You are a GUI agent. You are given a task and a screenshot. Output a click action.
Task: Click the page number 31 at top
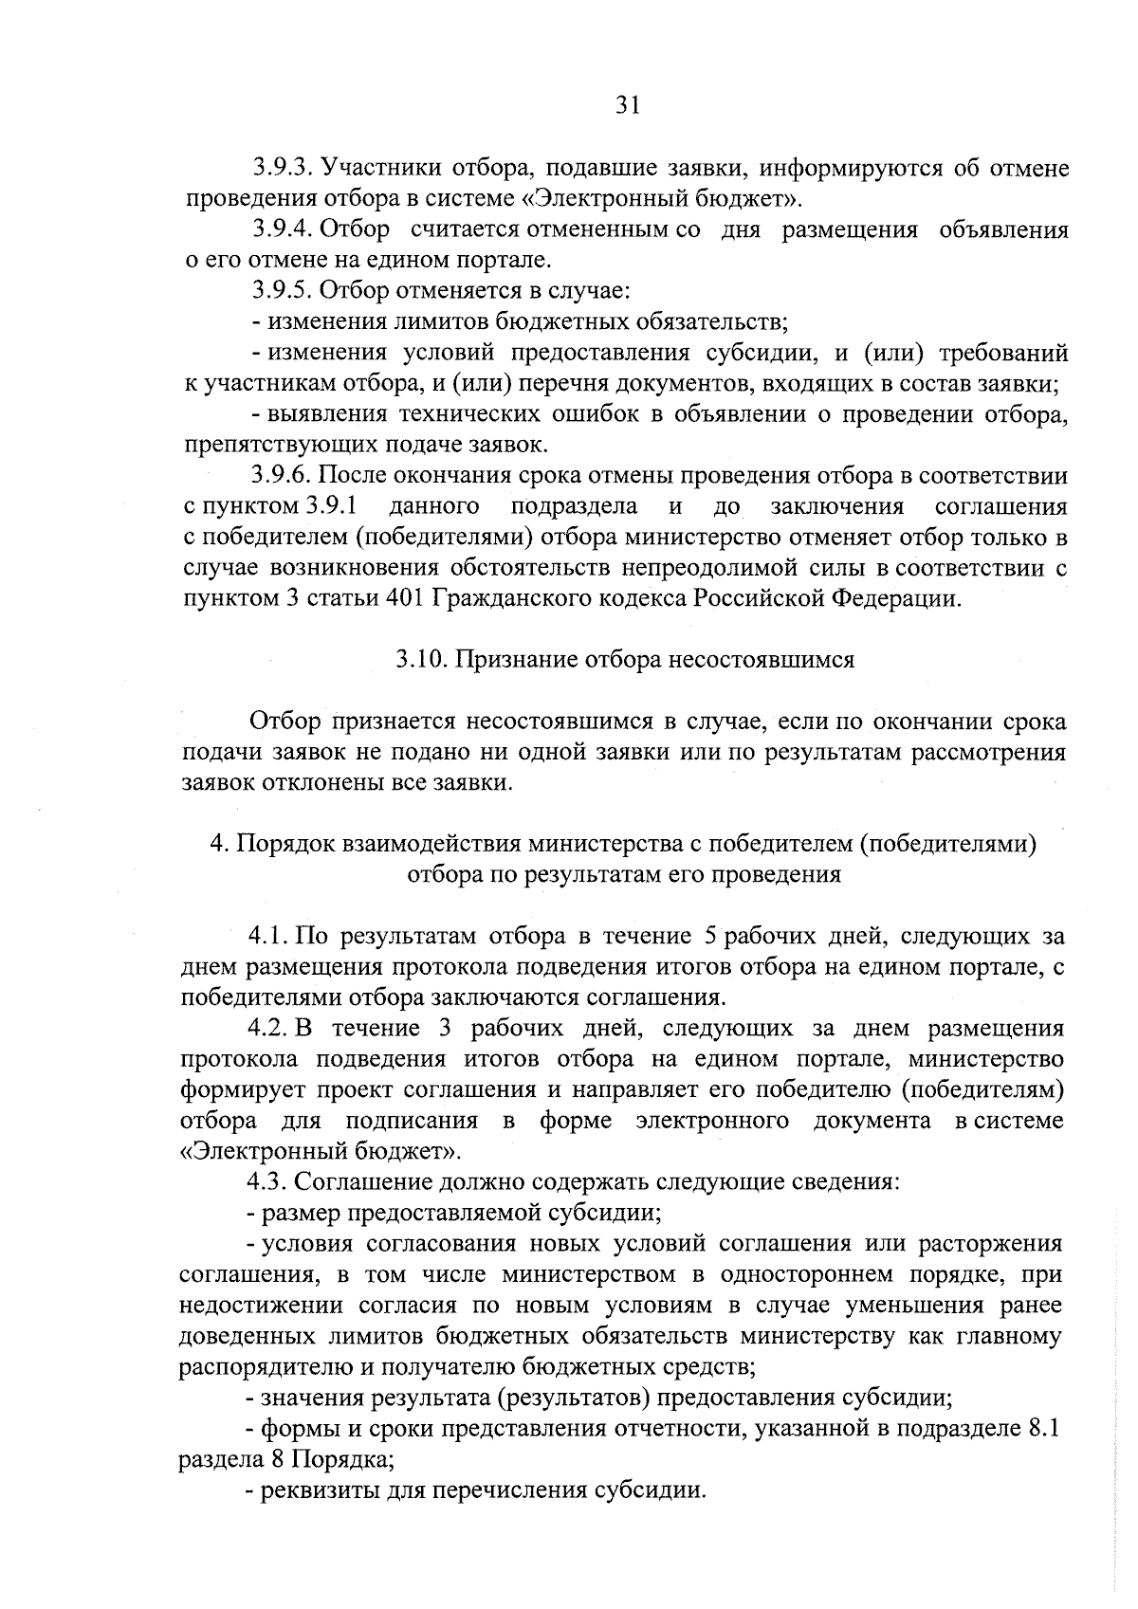click(x=629, y=106)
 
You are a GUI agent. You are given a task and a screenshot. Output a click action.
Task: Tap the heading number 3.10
click(x=421, y=660)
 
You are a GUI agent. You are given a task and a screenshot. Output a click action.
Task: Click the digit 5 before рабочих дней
click(x=709, y=937)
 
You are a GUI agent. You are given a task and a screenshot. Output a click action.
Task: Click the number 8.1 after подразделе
click(x=1043, y=1428)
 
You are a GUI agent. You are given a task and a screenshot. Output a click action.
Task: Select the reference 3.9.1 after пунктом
click(x=338, y=506)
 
